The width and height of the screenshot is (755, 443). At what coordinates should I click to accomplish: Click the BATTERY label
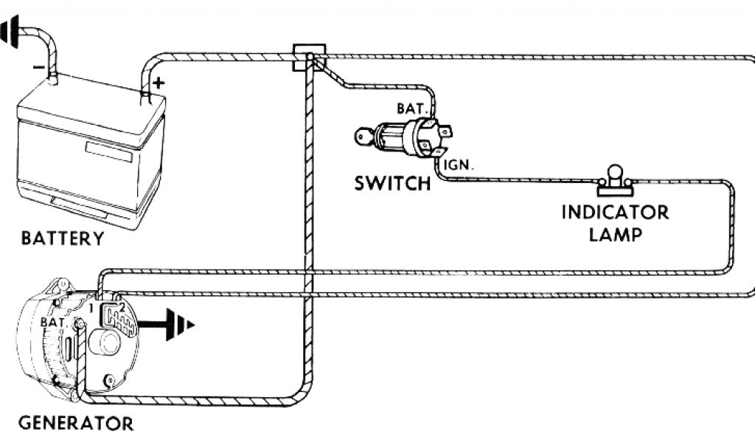point(63,238)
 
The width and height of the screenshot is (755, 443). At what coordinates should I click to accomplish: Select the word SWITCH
point(392,183)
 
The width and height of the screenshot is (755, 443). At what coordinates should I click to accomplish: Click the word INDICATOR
point(615,213)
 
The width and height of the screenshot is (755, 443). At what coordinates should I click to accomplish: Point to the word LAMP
point(616,236)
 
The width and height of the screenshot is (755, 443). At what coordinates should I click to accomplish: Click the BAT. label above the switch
point(411,108)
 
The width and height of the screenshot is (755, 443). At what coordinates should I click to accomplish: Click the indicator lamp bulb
point(613,174)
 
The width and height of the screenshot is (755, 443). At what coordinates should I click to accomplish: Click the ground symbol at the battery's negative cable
point(10,33)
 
